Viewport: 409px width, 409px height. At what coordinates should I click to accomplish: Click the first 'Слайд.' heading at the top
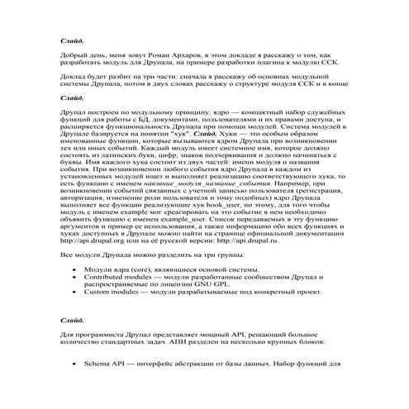pos(73,40)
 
